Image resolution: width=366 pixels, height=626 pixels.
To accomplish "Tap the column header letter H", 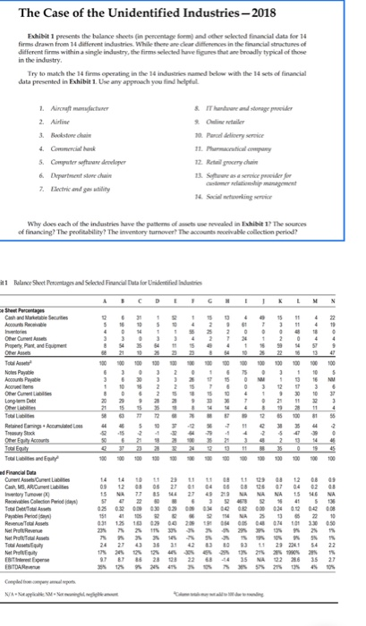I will click(240, 303).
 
